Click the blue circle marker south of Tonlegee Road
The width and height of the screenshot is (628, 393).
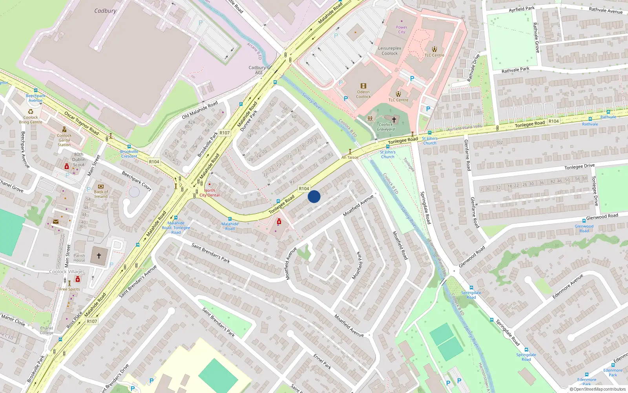click(x=314, y=196)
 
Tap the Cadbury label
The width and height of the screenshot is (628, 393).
click(x=105, y=11)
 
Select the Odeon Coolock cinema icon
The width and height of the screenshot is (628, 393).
click(x=363, y=86)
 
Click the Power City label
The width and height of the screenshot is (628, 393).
click(x=402, y=30)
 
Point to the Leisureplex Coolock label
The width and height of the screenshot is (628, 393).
click(x=390, y=51)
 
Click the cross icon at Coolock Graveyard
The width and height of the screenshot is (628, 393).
click(x=394, y=119)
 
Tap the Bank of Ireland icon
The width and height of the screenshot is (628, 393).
click(x=101, y=187)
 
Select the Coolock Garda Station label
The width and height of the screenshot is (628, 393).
click(x=64, y=140)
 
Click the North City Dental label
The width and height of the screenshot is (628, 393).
click(x=210, y=193)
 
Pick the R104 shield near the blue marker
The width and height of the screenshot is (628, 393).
click(x=304, y=189)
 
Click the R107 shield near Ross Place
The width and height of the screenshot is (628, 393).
click(x=92, y=321)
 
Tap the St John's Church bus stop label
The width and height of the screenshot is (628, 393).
click(x=429, y=141)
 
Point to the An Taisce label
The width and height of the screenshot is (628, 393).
click(x=350, y=157)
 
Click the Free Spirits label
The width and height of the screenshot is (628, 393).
click(x=69, y=289)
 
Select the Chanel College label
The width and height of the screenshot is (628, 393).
click(x=46, y=330)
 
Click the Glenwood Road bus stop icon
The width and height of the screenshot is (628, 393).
click(x=584, y=221)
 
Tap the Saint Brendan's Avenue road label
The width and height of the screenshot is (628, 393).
click(x=138, y=281)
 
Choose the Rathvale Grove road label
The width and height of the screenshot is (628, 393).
click(x=536, y=38)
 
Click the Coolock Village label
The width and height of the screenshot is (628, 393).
click(x=66, y=272)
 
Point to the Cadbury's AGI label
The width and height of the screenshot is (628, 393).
click(x=259, y=70)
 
